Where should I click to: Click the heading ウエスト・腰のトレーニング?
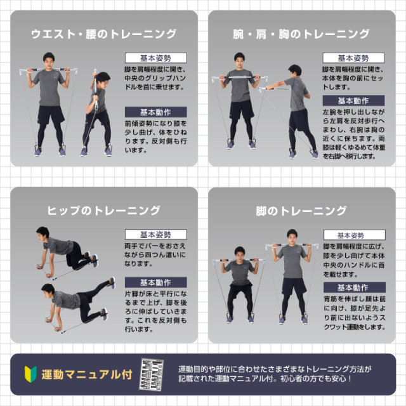[x=103, y=34]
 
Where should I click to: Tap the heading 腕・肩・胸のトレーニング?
[x=301, y=34]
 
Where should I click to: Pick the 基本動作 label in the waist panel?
[x=155, y=111]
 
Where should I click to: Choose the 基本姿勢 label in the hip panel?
[x=155, y=235]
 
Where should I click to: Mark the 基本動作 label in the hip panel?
[x=155, y=282]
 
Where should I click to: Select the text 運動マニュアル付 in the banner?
[x=86, y=374]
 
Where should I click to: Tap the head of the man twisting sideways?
[x=96, y=77]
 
